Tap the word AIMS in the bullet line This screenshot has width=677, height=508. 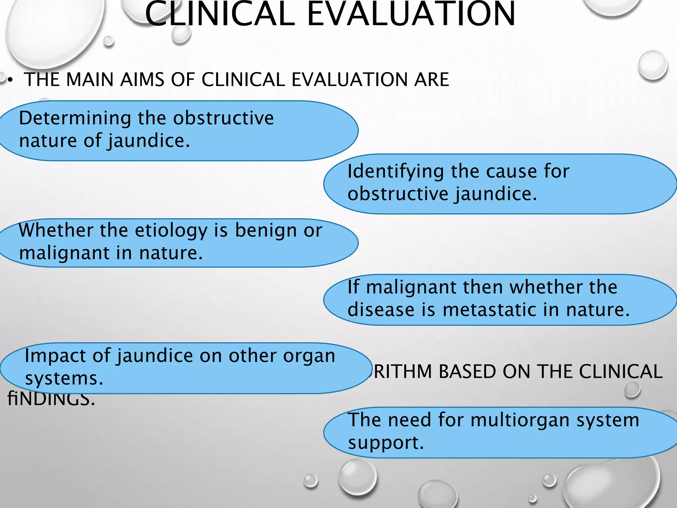click(142, 80)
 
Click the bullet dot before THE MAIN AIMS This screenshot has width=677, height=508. click(10, 80)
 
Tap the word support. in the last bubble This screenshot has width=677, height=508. click(385, 443)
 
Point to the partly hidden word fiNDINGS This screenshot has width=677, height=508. click(51, 399)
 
